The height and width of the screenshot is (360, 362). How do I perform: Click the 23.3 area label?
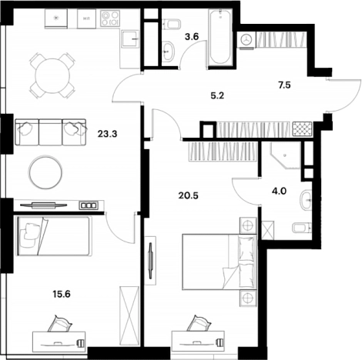(x=107, y=134)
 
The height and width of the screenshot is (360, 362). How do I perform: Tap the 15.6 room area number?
(x=62, y=294)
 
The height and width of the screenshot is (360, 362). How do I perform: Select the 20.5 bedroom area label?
(x=189, y=196)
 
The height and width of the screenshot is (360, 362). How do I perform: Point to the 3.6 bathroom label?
(x=192, y=37)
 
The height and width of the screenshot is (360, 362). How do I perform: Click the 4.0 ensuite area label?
(x=279, y=191)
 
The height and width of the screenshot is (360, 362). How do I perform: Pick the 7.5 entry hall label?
(x=284, y=85)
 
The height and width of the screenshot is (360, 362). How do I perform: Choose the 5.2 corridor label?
(x=217, y=96)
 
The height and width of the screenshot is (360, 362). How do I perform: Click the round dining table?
(x=52, y=76)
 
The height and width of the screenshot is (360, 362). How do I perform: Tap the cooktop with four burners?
(x=110, y=18)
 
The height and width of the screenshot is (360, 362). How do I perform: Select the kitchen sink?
(x=130, y=38)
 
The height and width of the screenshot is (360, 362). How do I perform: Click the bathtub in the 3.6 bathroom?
(x=220, y=36)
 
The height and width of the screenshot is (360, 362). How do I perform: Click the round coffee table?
(x=45, y=172)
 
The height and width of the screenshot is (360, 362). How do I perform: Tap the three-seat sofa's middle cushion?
(x=50, y=132)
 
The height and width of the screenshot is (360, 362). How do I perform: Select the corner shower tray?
(x=285, y=155)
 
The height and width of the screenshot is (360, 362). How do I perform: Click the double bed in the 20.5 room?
(x=220, y=262)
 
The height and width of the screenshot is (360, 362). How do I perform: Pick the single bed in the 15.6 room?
(x=54, y=236)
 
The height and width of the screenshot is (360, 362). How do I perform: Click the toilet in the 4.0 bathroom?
(x=302, y=228)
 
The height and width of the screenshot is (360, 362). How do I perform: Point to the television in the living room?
(x=44, y=205)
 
